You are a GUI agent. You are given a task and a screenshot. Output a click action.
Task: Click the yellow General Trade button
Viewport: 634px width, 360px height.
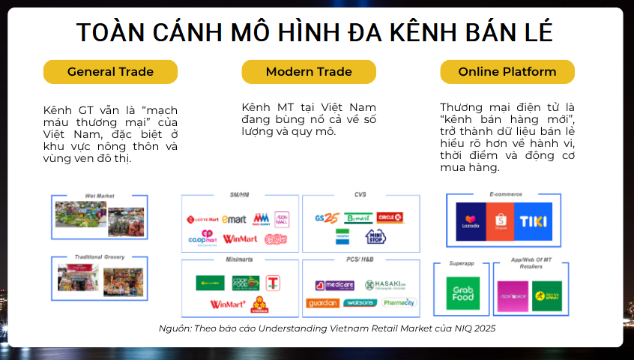(x=110, y=72)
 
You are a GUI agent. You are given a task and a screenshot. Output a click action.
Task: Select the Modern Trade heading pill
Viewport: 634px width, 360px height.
(x=309, y=72)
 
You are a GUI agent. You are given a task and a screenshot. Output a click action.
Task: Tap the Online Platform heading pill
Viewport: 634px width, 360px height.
(x=507, y=72)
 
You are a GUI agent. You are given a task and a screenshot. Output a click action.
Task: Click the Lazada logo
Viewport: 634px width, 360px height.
(x=471, y=221)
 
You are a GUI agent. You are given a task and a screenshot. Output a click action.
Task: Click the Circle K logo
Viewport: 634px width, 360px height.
(x=390, y=217)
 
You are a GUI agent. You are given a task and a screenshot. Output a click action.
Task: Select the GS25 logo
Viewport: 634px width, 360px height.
(x=327, y=218)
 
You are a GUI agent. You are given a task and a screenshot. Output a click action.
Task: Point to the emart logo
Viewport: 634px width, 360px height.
(x=234, y=220)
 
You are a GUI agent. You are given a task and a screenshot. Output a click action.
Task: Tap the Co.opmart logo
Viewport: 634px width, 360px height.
(x=202, y=238)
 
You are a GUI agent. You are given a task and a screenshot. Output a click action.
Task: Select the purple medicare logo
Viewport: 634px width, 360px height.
(x=335, y=285)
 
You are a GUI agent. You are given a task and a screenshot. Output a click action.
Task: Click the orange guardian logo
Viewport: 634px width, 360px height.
(x=322, y=303)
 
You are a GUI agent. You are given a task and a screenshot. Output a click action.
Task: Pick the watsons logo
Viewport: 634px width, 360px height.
(x=359, y=303)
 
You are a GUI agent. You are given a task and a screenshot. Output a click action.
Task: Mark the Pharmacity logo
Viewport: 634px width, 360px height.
(x=399, y=303)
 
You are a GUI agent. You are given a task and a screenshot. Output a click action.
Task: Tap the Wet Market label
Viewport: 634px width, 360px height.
(x=99, y=196)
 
